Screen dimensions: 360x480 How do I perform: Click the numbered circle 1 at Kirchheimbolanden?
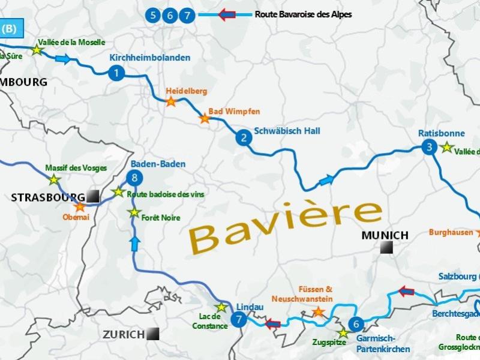(x=116, y=73)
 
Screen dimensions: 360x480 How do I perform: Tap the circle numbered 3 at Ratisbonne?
(x=428, y=147)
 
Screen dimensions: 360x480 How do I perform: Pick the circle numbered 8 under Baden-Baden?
(x=135, y=178)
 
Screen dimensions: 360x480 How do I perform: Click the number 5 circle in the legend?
(x=154, y=15)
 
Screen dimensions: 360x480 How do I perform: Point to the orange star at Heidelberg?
(x=171, y=102)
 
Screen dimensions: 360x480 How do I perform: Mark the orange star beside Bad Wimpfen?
(x=205, y=119)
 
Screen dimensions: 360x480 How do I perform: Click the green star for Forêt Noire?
(x=134, y=213)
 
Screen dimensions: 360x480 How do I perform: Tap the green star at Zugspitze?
(x=343, y=333)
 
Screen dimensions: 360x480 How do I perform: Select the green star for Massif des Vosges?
(x=54, y=179)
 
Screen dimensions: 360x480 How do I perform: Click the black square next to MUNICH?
(x=386, y=247)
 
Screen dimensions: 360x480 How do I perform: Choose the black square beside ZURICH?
(x=153, y=334)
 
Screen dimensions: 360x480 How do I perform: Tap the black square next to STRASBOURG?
(x=92, y=196)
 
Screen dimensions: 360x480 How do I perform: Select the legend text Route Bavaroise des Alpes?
(x=303, y=14)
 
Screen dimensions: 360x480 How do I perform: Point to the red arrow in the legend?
(x=227, y=14)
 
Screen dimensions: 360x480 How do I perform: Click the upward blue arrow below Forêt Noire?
(x=135, y=244)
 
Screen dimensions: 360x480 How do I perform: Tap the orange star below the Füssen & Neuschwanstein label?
(x=318, y=311)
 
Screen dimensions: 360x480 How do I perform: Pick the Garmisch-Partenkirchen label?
(x=383, y=344)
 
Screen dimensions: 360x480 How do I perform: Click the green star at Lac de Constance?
(x=221, y=308)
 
